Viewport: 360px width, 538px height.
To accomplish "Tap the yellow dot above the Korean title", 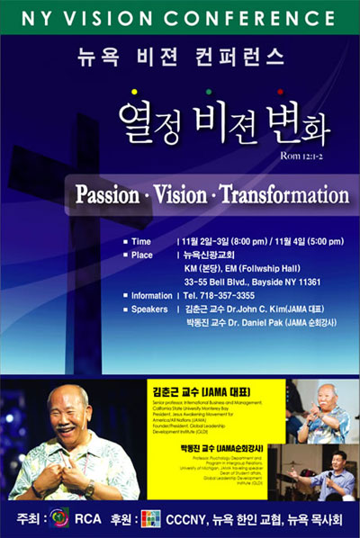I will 134,92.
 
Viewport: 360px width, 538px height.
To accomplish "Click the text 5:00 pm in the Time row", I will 323,242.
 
